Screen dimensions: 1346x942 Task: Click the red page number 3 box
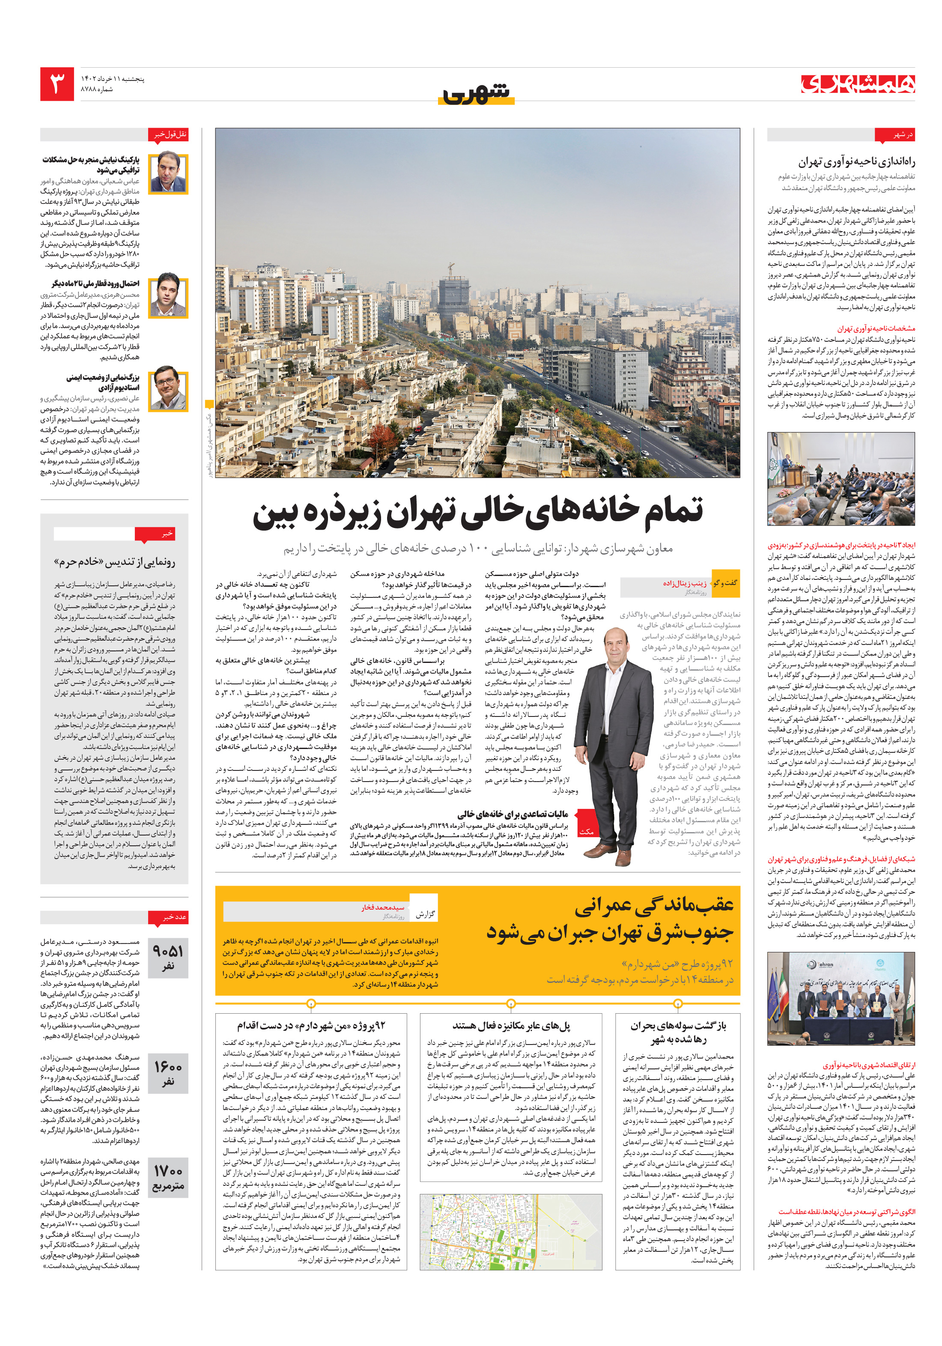coord(57,84)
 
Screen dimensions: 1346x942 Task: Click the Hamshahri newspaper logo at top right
coord(858,84)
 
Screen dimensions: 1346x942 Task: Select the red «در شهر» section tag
coord(894,135)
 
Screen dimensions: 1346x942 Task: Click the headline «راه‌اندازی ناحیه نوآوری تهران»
coord(856,162)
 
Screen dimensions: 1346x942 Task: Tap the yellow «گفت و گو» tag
coord(725,583)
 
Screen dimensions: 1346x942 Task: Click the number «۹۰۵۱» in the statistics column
coord(168,951)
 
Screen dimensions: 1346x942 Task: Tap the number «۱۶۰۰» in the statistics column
coord(168,1067)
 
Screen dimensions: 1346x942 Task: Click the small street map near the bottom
coord(510,1231)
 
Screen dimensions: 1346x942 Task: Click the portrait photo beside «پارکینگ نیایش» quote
coord(169,173)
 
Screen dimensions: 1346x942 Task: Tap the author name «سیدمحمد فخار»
coord(383,907)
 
